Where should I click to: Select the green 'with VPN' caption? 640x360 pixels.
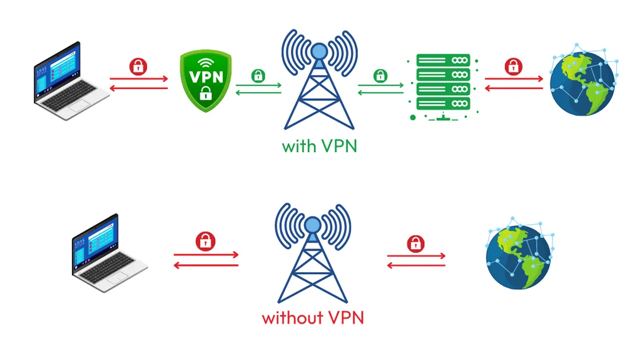tap(319, 146)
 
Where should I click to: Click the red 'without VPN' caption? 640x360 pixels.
tap(313, 317)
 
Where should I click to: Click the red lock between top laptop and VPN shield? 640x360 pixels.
tap(138, 66)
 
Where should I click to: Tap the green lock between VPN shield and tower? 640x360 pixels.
tap(258, 76)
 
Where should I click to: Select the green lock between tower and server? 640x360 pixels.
tap(380, 76)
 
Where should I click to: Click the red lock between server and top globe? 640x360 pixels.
tap(514, 66)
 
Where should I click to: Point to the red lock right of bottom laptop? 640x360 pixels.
tap(205, 241)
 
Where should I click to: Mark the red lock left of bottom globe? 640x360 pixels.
tap(415, 244)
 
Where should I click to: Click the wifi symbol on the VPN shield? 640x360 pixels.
tap(205, 63)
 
